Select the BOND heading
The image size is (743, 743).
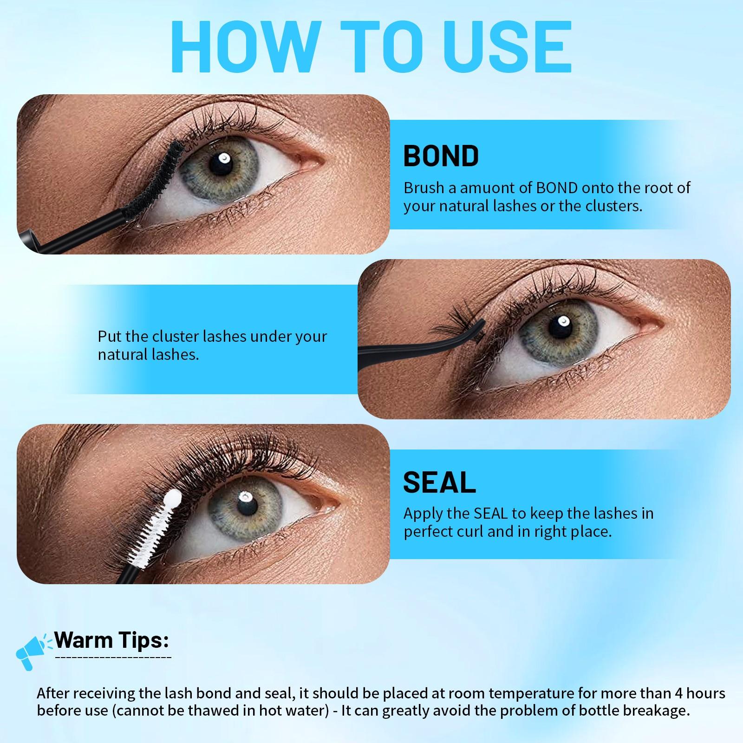point(441,156)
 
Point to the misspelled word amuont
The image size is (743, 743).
point(485,188)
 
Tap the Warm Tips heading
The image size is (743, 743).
point(111,640)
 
